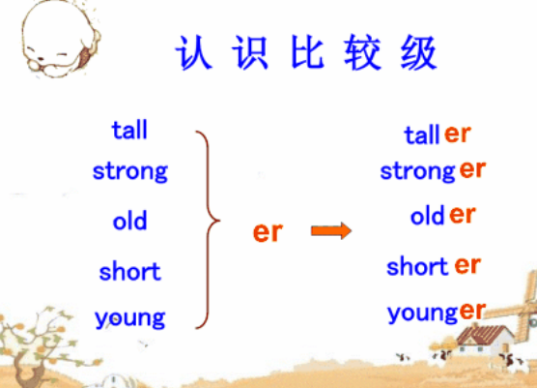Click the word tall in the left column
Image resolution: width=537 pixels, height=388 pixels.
129,130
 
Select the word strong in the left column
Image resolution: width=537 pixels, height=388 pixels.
130,171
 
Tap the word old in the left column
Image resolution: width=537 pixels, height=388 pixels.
129,220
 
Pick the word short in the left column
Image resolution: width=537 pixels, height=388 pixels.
129,271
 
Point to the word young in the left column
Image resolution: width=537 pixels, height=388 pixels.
130,318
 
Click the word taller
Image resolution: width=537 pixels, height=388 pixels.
438,134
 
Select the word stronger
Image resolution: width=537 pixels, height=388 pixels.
433,170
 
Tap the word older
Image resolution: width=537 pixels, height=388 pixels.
442,215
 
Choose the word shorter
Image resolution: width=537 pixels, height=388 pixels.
434,265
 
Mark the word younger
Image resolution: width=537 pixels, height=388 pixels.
437,313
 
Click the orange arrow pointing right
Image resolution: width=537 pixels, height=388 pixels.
331,230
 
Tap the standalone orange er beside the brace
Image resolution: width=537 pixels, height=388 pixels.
268,232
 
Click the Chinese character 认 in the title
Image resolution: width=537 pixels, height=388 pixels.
193,52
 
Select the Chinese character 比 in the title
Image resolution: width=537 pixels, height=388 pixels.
307,52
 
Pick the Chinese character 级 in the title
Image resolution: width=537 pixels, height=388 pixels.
418,52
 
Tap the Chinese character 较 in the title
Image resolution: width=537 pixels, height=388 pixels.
363,52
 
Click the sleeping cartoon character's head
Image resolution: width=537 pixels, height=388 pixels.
60,39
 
